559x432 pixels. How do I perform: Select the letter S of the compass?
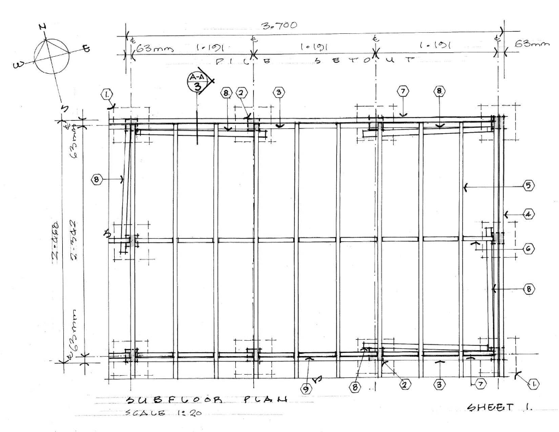[x=64, y=109]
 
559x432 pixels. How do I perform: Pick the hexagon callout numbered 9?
[x=307, y=389]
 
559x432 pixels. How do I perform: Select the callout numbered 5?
[x=528, y=186]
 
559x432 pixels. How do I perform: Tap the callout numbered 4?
[x=528, y=215]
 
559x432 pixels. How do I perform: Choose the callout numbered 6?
[x=528, y=248]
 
